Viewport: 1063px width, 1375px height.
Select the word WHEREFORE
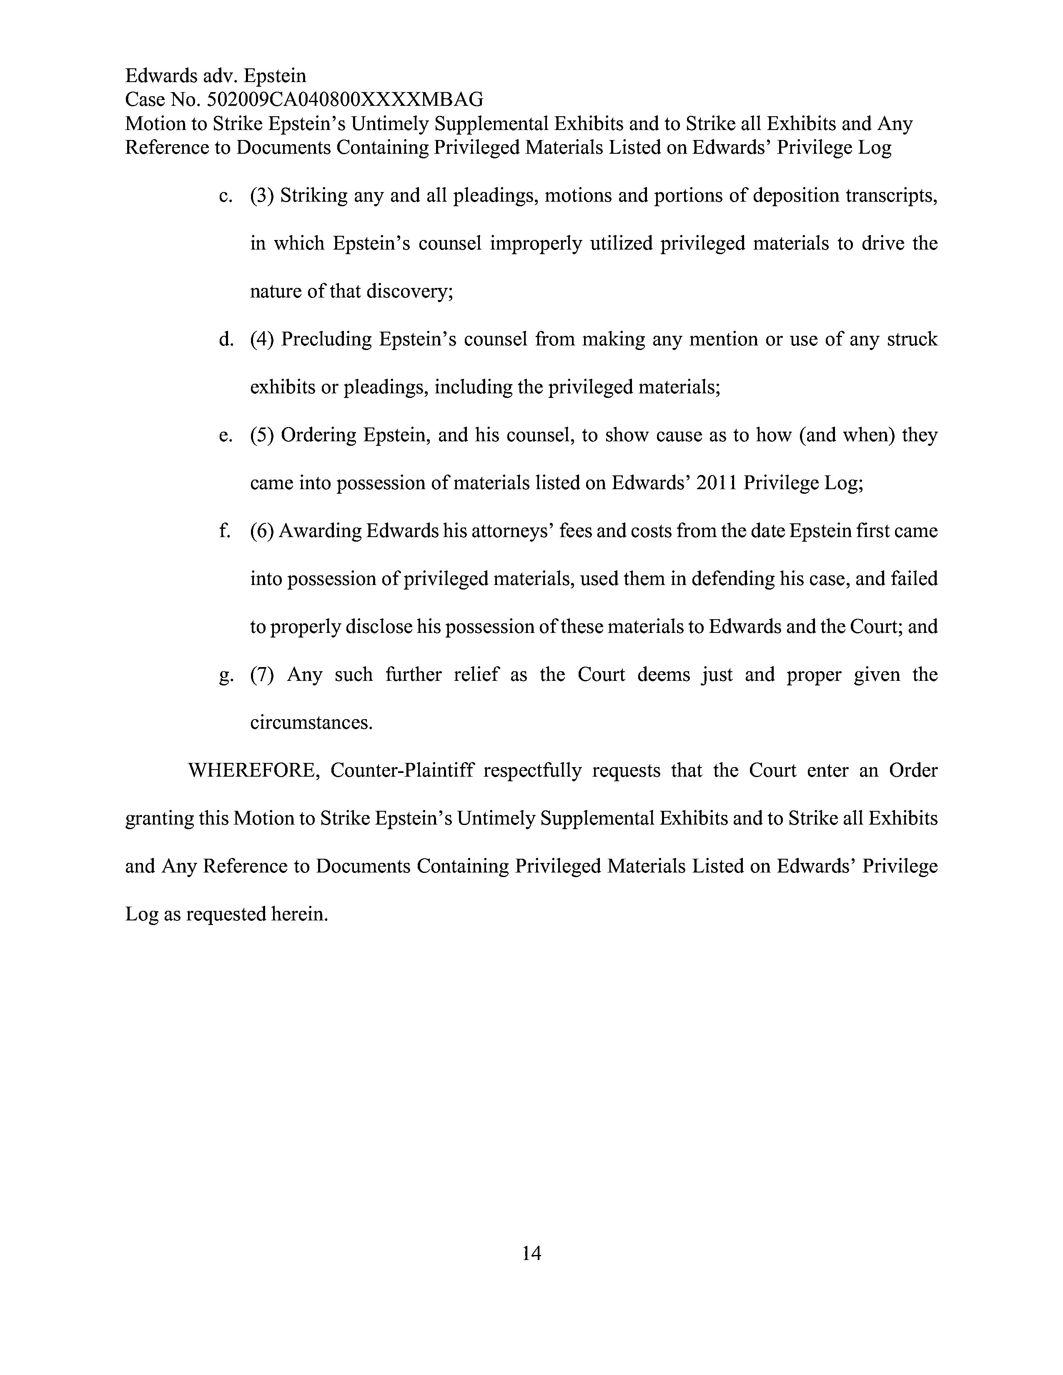point(254,770)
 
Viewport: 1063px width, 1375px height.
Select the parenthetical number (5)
point(262,435)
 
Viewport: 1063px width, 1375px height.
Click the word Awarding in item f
point(320,531)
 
